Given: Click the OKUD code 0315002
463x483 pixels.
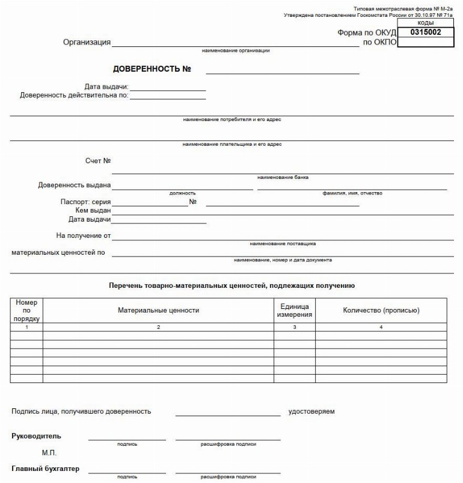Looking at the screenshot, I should point(426,32).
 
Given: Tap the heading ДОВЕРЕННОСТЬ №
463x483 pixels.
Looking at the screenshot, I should point(152,69).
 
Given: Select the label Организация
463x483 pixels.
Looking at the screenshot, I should point(87,42).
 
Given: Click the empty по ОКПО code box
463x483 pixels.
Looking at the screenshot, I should point(426,42).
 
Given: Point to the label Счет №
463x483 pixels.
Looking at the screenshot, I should point(99,161).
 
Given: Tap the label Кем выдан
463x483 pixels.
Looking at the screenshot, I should point(92,211).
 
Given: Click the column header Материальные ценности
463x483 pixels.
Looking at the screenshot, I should point(158,310).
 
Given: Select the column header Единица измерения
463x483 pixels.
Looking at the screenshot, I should point(295,310).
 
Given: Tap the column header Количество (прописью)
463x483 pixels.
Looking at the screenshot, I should point(381,310).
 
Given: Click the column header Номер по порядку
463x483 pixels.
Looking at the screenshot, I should point(26,310).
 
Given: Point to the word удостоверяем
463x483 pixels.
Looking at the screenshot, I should point(311,411).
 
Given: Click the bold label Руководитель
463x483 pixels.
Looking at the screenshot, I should point(36,436).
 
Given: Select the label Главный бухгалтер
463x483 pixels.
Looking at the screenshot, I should point(46,469).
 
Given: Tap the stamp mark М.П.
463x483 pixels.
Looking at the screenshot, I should point(50,452).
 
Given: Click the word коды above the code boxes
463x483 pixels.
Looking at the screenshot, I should point(426,22).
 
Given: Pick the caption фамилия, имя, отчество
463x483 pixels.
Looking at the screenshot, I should point(352,193).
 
